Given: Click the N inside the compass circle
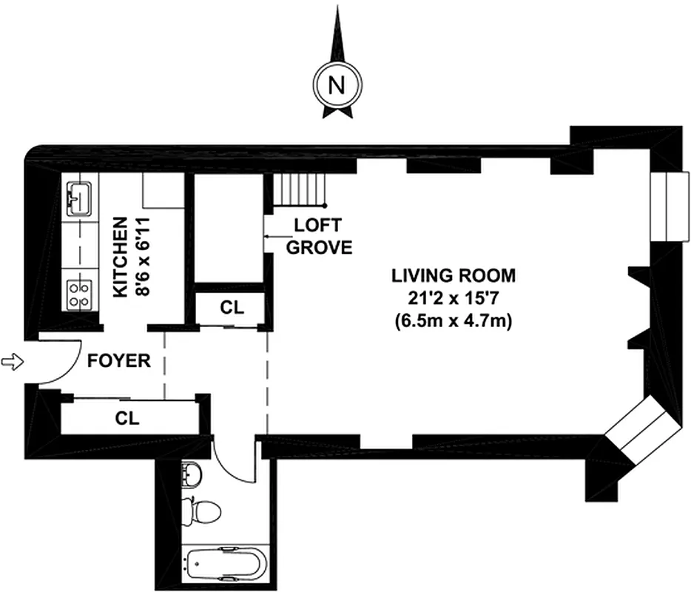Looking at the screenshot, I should (338, 84).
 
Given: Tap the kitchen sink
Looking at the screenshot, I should (79, 198).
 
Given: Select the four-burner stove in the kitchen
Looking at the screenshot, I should (79, 293).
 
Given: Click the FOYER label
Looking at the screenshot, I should (119, 362).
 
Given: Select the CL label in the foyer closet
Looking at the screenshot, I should (127, 417).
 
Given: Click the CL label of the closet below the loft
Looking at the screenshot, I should (231, 307).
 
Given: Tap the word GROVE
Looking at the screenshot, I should (319, 247).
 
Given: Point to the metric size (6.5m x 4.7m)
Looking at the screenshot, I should (454, 321).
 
